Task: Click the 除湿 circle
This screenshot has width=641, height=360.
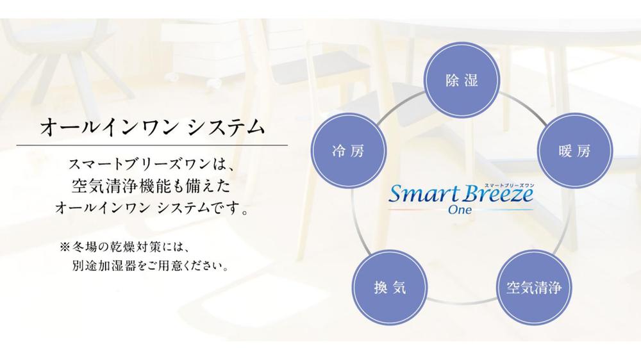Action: pos(462,79)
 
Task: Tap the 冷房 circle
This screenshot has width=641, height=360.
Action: pos(349,151)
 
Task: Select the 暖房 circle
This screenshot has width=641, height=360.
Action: pos(574,151)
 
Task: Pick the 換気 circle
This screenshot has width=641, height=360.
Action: pos(390,287)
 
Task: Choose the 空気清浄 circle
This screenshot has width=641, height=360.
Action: pos(534,287)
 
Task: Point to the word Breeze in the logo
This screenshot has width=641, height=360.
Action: pos(497,194)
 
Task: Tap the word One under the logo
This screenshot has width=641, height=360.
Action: pos(460,210)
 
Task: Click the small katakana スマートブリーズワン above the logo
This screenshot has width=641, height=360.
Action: pos(509,186)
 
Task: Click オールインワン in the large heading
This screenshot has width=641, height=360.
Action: pos(108,127)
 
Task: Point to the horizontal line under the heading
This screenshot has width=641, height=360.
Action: pos(152,145)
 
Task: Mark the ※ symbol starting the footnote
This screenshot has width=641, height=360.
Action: pos(65,247)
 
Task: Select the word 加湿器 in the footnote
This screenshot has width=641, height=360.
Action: pos(111,266)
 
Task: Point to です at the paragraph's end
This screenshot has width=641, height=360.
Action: pos(224,208)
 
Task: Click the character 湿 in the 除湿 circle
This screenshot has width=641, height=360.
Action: pos(470,79)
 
